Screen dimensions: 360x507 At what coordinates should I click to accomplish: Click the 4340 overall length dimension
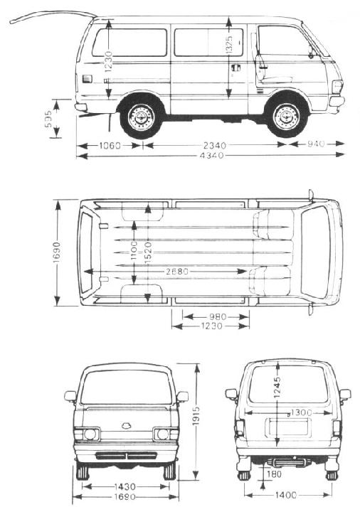212,156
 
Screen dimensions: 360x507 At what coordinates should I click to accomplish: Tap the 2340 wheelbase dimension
214,145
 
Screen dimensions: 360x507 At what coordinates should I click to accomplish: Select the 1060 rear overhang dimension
110,146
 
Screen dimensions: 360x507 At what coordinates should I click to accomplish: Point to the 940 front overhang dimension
315,144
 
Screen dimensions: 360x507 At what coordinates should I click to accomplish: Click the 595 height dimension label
48,119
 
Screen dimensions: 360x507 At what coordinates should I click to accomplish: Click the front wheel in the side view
287,116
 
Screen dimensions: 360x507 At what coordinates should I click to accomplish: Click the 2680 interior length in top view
177,272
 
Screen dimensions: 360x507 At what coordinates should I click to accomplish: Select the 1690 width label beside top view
56,252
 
